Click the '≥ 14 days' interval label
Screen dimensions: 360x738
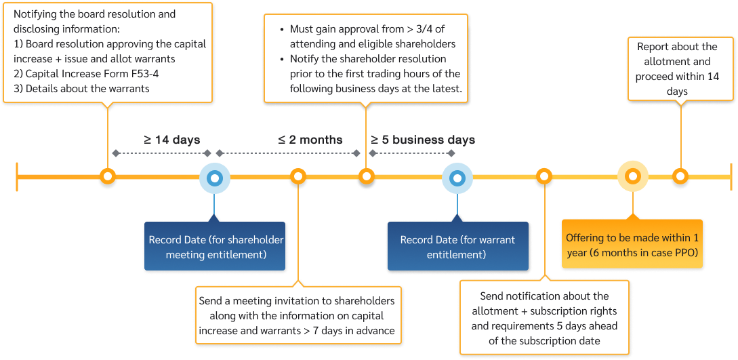(x=171, y=140)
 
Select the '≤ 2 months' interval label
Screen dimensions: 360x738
(x=310, y=140)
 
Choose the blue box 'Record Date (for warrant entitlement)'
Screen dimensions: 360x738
(x=457, y=247)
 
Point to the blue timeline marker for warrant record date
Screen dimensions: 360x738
(x=457, y=178)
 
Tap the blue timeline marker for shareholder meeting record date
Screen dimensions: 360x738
(x=215, y=178)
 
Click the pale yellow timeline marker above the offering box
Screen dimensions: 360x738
(x=633, y=178)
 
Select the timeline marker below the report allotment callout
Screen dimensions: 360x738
(x=681, y=178)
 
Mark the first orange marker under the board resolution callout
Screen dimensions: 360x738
(x=107, y=178)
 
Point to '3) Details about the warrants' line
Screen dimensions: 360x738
(x=77, y=88)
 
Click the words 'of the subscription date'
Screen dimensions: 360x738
(x=544, y=340)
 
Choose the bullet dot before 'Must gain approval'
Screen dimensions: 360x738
(x=281, y=30)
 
